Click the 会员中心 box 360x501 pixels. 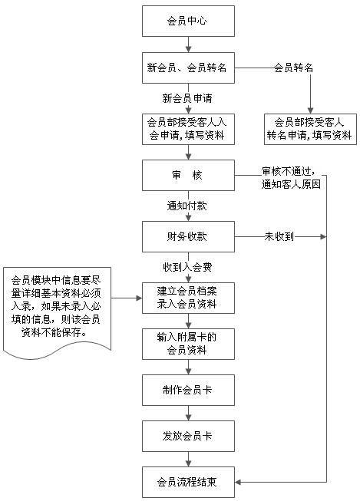188,21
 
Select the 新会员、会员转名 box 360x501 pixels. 188,68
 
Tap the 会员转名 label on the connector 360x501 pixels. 293,68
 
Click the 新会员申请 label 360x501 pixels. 187,98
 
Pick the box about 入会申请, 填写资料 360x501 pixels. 188,129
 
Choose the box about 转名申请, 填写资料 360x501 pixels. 310,129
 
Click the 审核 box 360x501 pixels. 188,175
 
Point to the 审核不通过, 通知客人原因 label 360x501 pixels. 291,178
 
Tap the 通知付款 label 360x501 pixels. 187,206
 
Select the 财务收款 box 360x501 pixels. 188,236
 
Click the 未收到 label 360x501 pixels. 279,236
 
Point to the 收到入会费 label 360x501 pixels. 187,267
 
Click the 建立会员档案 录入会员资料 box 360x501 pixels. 188,298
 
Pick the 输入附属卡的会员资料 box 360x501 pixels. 188,344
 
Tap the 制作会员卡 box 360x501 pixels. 188,390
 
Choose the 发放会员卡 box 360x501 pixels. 188,436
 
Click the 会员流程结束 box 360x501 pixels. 188,482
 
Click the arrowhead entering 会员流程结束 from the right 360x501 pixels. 237,482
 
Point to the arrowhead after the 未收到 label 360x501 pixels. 323,237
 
